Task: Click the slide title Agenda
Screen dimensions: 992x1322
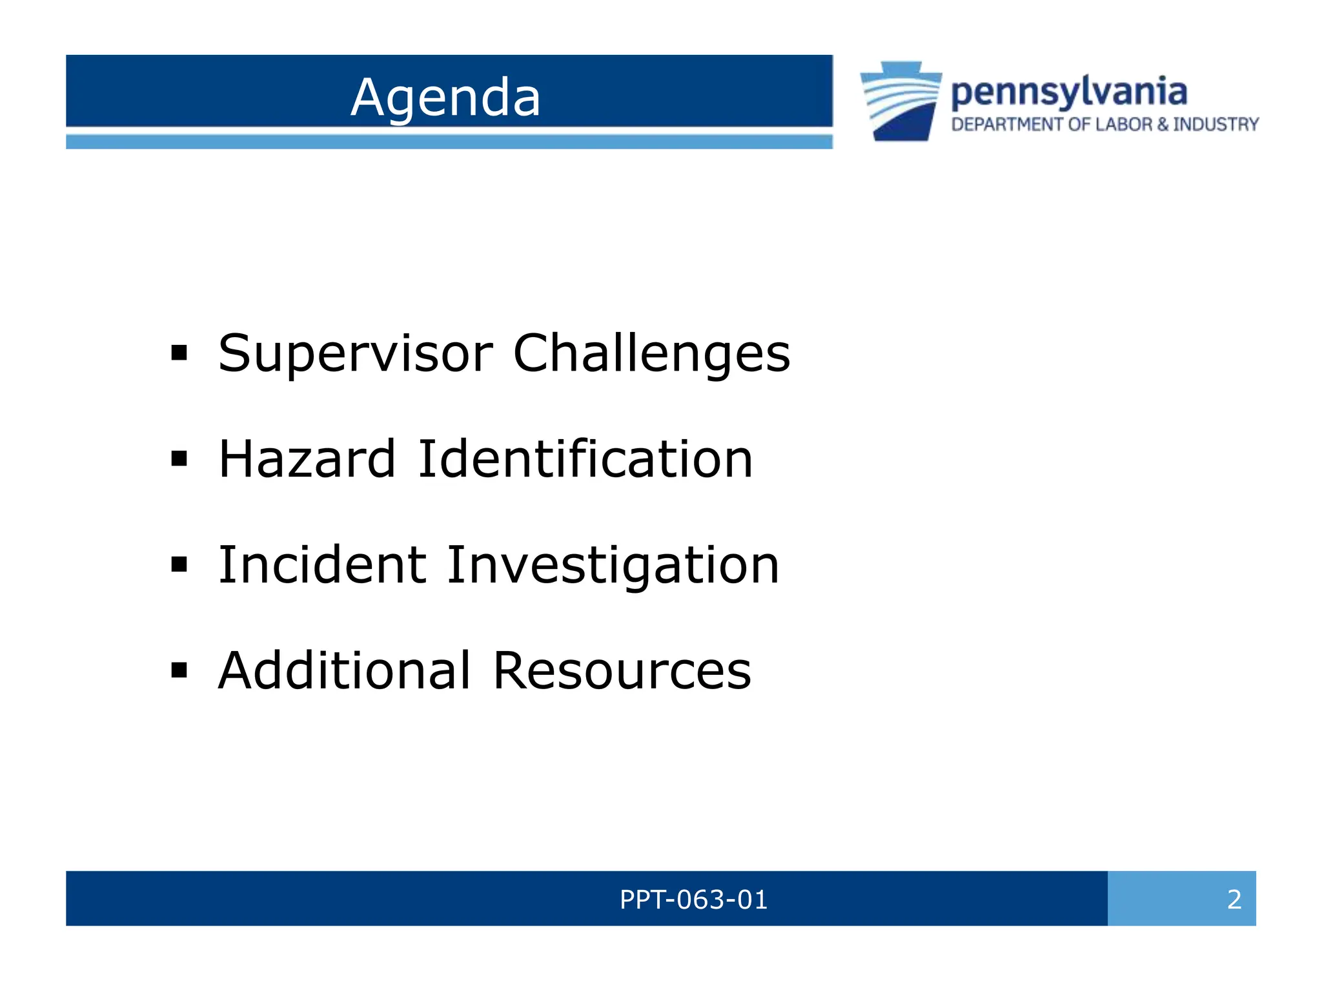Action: click(x=445, y=98)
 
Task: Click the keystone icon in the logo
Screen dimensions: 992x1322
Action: click(x=901, y=101)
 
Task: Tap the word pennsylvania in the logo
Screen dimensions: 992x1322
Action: click(x=1069, y=92)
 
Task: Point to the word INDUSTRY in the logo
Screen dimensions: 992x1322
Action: click(x=1215, y=125)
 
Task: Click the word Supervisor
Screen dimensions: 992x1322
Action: click(x=356, y=354)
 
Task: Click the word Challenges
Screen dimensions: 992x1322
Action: click(x=651, y=354)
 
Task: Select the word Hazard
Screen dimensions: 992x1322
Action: click(x=307, y=459)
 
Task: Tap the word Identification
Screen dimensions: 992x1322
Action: click(x=585, y=459)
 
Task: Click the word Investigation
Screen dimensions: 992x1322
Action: click(x=613, y=565)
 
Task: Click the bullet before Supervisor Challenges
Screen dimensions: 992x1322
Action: click(x=179, y=353)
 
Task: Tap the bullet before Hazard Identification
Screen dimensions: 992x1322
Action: click(x=179, y=459)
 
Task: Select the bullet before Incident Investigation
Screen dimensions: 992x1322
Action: click(x=179, y=565)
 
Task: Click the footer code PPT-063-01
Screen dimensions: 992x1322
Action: click(x=693, y=899)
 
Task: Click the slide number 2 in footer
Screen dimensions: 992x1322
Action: click(x=1234, y=899)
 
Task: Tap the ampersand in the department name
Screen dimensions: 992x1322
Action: click(x=1163, y=125)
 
